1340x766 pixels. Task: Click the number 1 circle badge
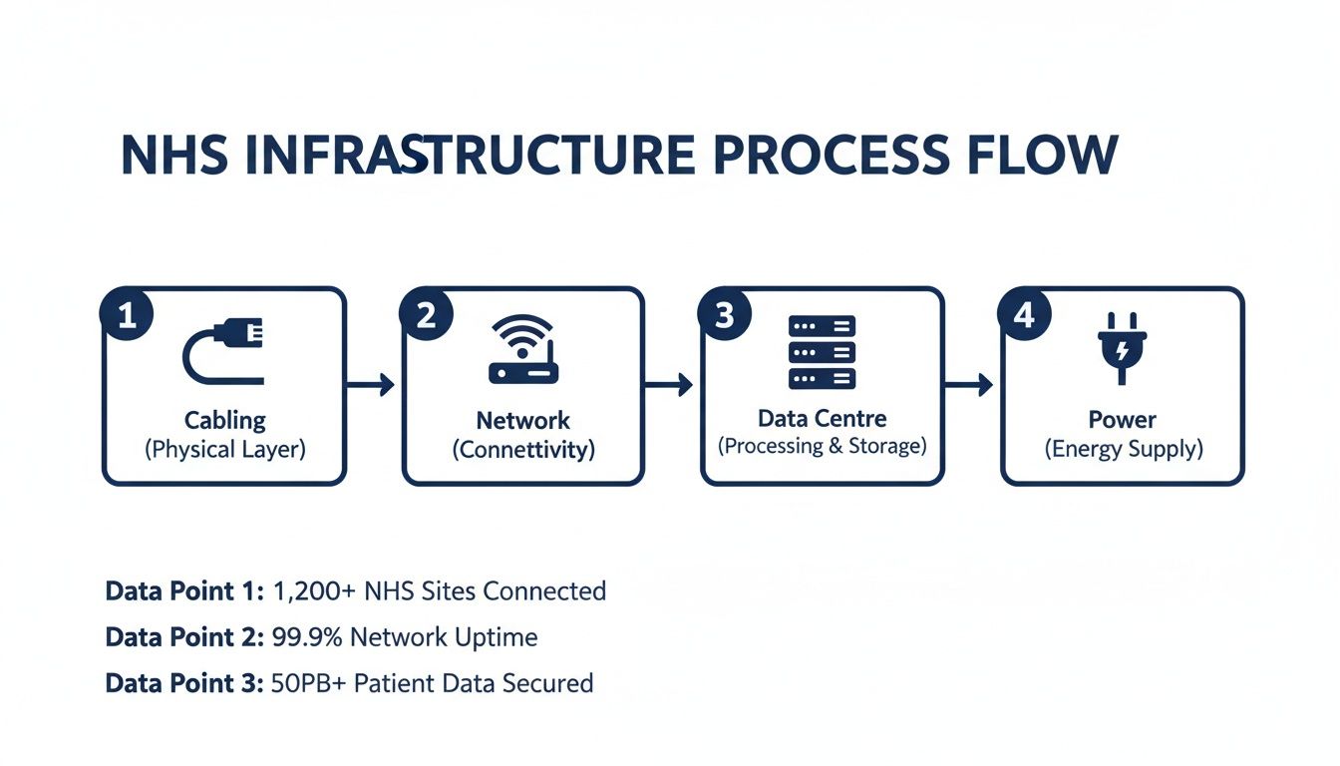click(127, 315)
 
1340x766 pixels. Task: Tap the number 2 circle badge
click(426, 315)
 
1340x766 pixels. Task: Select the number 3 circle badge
click(725, 315)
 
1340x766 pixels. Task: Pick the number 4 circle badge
click(1024, 315)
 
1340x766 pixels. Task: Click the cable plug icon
click(224, 351)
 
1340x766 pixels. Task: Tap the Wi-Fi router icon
click(523, 350)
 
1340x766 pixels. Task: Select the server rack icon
click(823, 352)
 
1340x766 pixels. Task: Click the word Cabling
click(225, 420)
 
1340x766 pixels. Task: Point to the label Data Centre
click(823, 418)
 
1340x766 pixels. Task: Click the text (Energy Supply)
click(1124, 449)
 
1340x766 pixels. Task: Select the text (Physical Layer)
click(225, 449)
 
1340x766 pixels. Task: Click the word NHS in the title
click(172, 157)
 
